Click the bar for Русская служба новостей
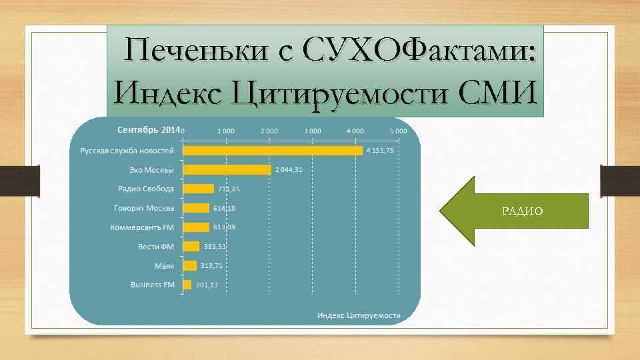(x=273, y=151)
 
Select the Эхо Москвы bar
(x=227, y=170)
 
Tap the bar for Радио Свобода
(x=199, y=189)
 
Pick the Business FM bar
(x=187, y=285)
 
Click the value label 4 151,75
(x=380, y=151)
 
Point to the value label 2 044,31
(x=289, y=170)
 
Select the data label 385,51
(x=215, y=247)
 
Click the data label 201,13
(x=207, y=285)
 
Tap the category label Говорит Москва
(x=144, y=208)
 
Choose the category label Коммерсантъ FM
(x=142, y=227)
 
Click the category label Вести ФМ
(x=156, y=247)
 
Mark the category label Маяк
(x=164, y=266)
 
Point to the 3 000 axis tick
(x=312, y=131)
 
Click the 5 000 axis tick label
(x=398, y=131)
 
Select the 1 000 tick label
(x=226, y=131)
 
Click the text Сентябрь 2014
(x=149, y=129)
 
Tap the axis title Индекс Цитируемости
(x=359, y=315)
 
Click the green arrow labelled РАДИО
(x=514, y=211)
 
